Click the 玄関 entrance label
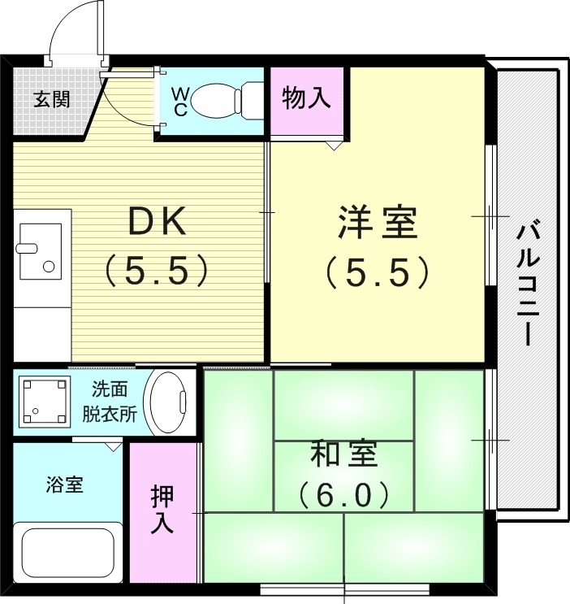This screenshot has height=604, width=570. (x=51, y=100)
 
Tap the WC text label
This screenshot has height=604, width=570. (x=180, y=102)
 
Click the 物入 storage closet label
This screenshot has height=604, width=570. (x=306, y=98)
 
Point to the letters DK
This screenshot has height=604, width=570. (x=158, y=222)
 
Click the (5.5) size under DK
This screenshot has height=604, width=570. (x=158, y=271)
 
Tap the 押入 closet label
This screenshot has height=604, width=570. (x=163, y=510)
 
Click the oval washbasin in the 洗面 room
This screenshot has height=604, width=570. (x=169, y=402)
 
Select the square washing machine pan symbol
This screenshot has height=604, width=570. (x=42, y=401)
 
